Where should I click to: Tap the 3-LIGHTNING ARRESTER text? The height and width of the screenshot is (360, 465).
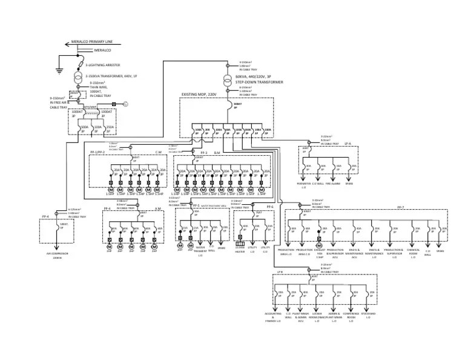102,64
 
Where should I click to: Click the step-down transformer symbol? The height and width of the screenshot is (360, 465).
227,78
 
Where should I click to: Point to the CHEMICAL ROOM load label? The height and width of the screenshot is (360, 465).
415,252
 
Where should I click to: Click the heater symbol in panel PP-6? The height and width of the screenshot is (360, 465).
241,238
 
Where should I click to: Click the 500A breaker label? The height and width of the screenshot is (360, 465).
84,128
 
